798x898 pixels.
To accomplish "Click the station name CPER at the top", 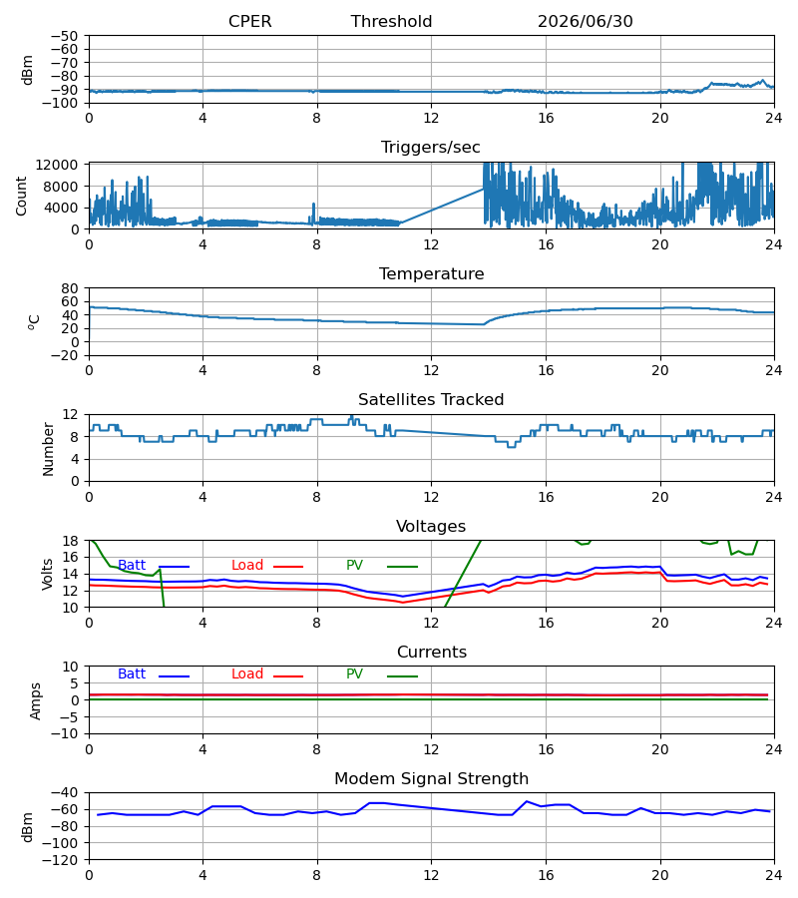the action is click(249, 22).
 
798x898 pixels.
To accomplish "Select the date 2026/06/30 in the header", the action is click(586, 22).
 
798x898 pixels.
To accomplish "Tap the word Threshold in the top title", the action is click(392, 22).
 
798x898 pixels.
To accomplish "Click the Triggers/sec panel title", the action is click(431, 148).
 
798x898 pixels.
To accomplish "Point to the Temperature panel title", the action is click(431, 273).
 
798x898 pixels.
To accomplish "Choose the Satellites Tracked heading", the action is click(431, 400).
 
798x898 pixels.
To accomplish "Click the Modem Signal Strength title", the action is click(431, 779).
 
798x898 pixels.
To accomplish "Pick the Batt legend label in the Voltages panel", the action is click(132, 566).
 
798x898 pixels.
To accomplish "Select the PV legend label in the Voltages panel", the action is click(354, 566).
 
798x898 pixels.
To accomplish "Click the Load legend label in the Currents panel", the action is click(247, 674).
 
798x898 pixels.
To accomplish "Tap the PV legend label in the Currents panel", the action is click(354, 674).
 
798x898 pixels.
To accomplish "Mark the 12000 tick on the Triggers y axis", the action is click(57, 165).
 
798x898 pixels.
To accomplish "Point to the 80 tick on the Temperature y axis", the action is click(70, 288).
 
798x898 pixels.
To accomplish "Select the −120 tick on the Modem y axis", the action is click(60, 860).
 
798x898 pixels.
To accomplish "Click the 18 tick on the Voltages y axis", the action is click(70, 541).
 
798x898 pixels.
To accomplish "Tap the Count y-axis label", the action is click(21, 196).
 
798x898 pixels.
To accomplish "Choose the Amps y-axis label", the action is click(36, 700).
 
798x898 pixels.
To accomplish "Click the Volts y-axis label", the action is click(47, 574).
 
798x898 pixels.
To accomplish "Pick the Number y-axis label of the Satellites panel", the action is click(48, 449).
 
